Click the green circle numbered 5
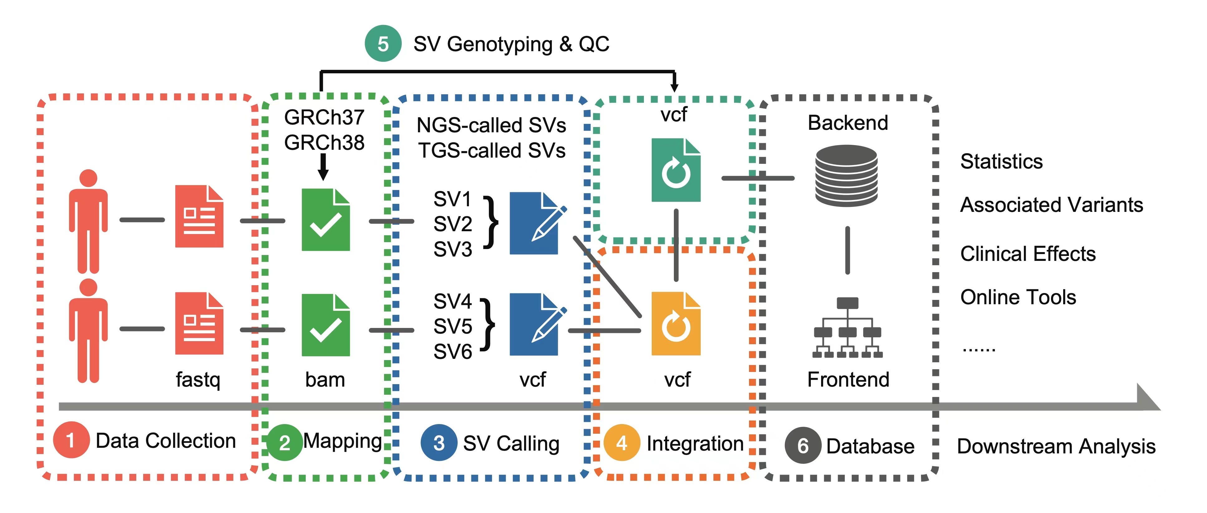pos(383,44)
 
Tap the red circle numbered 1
pos(71,440)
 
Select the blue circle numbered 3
pos(439,443)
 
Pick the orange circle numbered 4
pos(621,443)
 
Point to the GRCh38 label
pos(324,142)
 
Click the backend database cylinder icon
pos(846,176)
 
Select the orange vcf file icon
pos(676,324)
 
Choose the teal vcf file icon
pos(676,170)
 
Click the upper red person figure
pos(88,221)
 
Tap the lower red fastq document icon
pos(199,323)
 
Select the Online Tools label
pos(1018,297)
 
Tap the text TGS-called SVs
pos(492,151)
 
